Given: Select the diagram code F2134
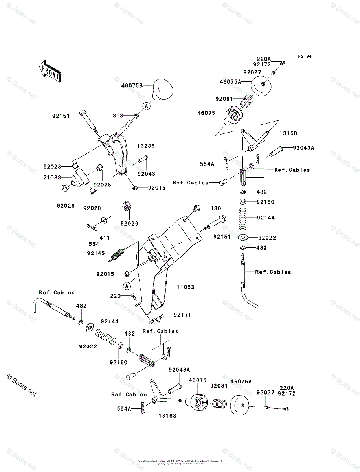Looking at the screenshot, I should tap(305, 57).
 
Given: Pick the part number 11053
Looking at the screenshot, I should tap(186, 287).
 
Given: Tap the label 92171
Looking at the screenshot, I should tap(182, 315).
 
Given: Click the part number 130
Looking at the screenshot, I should tap(216, 208).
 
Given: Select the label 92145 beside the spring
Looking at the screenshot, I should tap(96, 253).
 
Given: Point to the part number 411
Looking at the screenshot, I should tap(105, 238).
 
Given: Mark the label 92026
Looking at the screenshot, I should tap(129, 223).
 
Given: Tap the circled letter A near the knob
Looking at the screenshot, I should tap(146, 106).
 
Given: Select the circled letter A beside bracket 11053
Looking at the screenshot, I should tap(126, 286).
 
